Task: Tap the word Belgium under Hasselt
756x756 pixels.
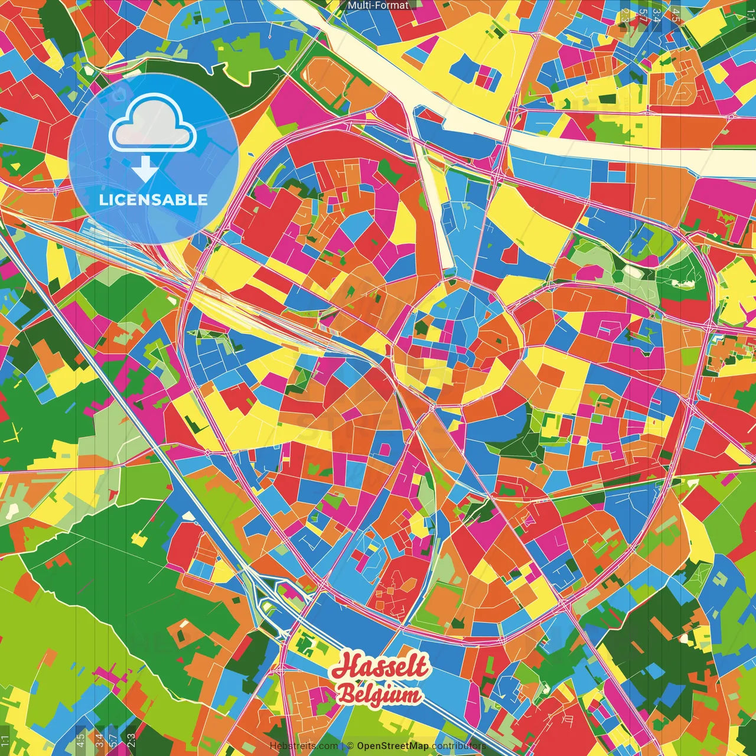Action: pos(379,695)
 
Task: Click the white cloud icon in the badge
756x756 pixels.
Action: pos(152,125)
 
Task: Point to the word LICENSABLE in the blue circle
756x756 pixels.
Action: pos(153,200)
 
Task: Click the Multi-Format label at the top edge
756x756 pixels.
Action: pos(378,5)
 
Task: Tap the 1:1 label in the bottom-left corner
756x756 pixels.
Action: pos(5,741)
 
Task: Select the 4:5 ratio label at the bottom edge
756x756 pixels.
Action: pos(80,740)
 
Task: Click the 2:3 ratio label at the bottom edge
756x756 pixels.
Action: pos(131,740)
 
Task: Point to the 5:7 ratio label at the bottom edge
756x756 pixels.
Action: pos(114,740)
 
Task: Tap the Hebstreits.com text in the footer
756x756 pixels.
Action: pos(304,746)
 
